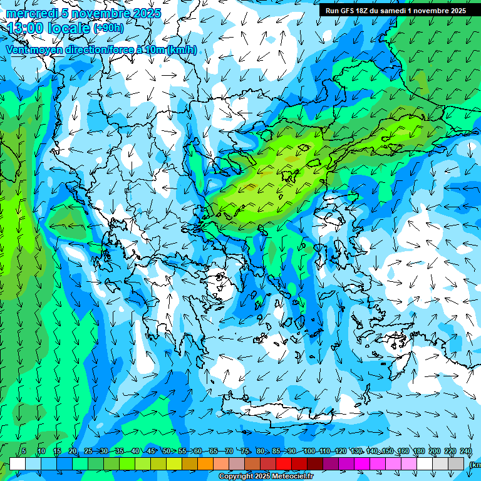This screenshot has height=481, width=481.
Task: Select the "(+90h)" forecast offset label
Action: click(108, 28)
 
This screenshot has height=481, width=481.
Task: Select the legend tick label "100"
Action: click(309, 452)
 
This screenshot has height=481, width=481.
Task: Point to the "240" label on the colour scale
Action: click(466, 452)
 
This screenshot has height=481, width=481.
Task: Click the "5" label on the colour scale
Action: click(24, 452)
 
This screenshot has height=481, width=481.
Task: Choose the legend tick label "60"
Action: click(198, 452)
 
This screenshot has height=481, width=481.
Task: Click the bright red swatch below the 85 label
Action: click(284, 463)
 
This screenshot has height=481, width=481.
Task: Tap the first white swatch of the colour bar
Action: click(18, 463)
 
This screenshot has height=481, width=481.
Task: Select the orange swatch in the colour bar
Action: click(205, 463)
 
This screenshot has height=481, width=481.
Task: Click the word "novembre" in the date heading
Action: click(101, 13)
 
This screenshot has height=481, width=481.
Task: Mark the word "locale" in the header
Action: click(68, 28)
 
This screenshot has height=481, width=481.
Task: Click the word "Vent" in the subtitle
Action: click(18, 49)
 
